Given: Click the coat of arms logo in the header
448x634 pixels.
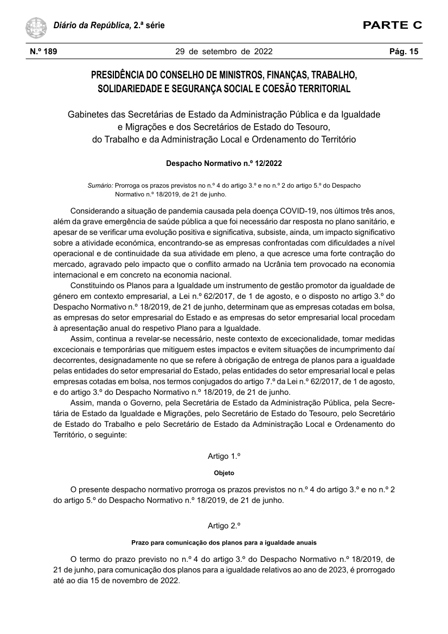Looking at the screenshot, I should click(x=36, y=26).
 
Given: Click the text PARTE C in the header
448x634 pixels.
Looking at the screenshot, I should click(x=392, y=25).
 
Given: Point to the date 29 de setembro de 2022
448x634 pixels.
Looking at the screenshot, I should click(x=223, y=52).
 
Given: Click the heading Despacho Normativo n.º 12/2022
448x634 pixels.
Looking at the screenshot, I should click(x=223, y=163).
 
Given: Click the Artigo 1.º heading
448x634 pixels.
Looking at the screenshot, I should click(x=223, y=456).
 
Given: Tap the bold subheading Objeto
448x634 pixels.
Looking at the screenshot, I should click(x=223, y=473).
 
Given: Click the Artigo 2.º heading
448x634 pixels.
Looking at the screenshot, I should click(x=223, y=526).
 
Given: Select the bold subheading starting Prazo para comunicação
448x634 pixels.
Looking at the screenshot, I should click(x=223, y=542).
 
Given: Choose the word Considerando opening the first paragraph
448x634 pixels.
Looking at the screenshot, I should click(x=99, y=210).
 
